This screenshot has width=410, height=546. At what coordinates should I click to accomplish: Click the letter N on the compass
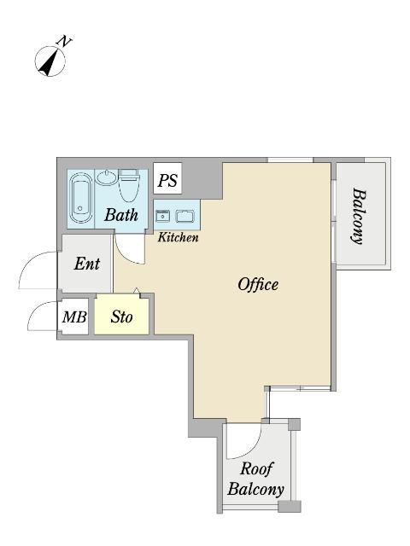coord(64,42)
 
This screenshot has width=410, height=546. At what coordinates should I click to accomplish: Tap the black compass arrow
coord(48,62)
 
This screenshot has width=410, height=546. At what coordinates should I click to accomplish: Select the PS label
coord(167,180)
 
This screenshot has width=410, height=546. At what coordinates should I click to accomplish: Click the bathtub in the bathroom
coord(80,198)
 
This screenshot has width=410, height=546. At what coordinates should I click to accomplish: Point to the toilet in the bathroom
coord(129,185)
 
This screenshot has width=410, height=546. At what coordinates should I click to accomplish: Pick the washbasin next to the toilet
coord(107,178)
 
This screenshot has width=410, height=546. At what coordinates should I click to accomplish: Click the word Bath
coord(121,215)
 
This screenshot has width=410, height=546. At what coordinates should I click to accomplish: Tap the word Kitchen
coord(179,237)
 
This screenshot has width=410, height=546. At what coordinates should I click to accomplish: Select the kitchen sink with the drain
coord(163,216)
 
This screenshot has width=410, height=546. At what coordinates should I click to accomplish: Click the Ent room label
coord(87,264)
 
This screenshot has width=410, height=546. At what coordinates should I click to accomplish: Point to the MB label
coord(74,317)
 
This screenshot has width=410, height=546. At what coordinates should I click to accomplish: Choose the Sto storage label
coord(121,317)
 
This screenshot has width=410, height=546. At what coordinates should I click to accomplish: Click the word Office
coord(258,284)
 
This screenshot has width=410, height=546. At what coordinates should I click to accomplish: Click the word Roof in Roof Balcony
coord(257,468)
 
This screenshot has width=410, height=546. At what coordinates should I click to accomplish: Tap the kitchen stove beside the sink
coord(184,216)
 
